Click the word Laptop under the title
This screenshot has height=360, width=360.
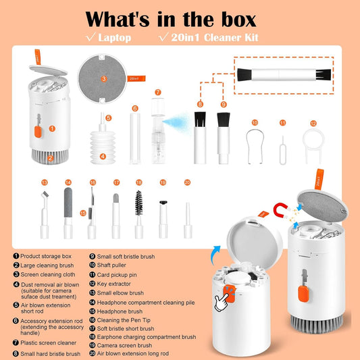click(115, 38)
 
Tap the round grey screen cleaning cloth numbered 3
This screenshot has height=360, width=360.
click(102, 78)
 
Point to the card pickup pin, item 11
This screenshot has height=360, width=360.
click(282, 151)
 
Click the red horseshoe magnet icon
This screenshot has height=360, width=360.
click(280, 209)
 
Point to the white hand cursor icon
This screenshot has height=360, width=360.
click(222, 302)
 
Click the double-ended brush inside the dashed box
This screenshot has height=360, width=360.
click(284, 75)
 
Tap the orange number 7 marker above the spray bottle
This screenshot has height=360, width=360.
click(158, 93)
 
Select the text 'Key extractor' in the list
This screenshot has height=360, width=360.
click(113, 284)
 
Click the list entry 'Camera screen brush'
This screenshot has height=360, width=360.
click(124, 345)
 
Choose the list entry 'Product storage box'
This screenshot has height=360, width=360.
click(46, 256)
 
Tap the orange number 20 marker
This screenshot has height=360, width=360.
click(187, 182)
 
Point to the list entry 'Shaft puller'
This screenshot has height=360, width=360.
click(111, 265)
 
